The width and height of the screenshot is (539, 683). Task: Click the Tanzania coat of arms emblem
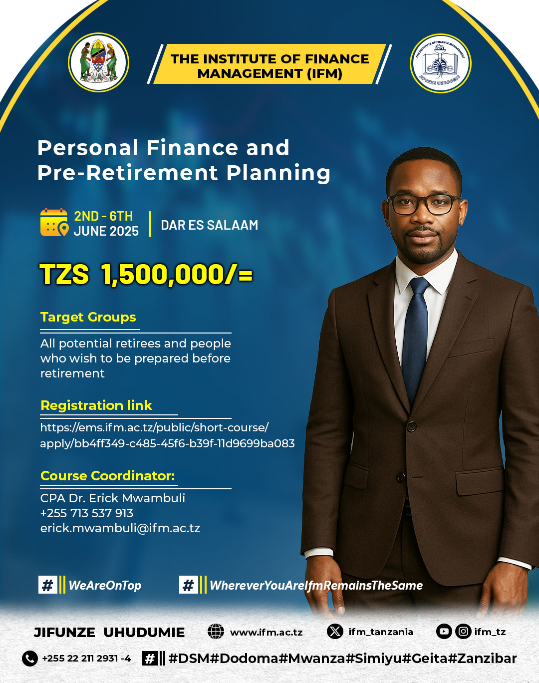point(99,62)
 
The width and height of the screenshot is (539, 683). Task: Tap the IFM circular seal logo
point(440,63)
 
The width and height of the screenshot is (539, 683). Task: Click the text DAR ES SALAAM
point(210,225)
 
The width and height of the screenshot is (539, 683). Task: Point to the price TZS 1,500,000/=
point(146,275)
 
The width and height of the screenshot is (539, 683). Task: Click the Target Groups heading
point(88,317)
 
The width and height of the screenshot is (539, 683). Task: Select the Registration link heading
point(96,405)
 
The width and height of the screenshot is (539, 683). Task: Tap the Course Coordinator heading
point(107,476)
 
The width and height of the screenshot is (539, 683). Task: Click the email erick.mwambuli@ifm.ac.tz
point(120,528)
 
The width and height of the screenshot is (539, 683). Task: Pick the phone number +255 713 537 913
point(87,513)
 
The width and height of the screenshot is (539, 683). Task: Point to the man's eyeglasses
point(424,204)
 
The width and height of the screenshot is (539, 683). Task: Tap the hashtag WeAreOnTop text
point(105,585)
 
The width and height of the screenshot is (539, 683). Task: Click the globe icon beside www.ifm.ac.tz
point(216,632)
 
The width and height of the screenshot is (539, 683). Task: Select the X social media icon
point(335,631)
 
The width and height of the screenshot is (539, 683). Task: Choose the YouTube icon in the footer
point(444,631)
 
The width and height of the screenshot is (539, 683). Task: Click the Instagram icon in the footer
point(463,631)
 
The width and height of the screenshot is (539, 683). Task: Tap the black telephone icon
point(30,658)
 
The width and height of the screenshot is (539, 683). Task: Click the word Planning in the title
point(278,173)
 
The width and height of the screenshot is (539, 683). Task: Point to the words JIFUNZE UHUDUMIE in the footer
point(109,632)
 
